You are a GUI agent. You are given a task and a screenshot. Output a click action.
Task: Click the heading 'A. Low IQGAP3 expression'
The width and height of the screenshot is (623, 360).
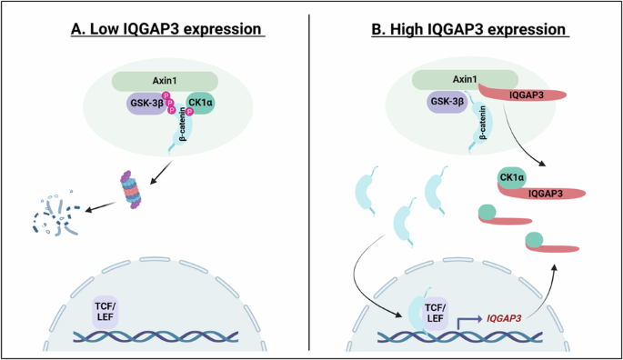[167, 30]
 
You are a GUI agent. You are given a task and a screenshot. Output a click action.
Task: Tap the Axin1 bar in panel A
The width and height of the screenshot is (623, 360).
[164, 80]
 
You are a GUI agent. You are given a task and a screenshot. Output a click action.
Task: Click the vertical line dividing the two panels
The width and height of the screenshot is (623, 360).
[310, 182]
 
